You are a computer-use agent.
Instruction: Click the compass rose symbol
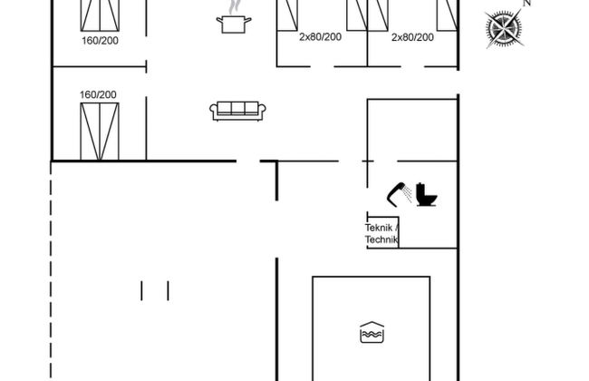pyautogui.click(x=504, y=29)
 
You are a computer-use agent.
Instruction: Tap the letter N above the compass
pyautogui.click(x=526, y=3)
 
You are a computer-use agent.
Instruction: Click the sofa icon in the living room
pyautogui.click(x=237, y=112)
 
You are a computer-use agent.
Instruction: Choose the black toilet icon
pyautogui.click(x=427, y=194)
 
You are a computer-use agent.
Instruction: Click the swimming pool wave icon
pyautogui.click(x=372, y=333)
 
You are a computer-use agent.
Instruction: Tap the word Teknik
pyautogui.click(x=379, y=228)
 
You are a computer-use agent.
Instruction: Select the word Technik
pyautogui.click(x=381, y=239)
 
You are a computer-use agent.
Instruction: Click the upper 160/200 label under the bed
pyautogui.click(x=100, y=41)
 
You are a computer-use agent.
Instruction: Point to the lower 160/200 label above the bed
pyautogui.click(x=98, y=94)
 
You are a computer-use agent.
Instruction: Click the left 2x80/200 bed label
pyautogui.click(x=321, y=37)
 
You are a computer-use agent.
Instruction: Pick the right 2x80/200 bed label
pyautogui.click(x=412, y=37)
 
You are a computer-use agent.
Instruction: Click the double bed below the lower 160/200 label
pyautogui.click(x=100, y=132)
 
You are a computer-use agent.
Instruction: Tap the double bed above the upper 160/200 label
pyautogui.click(x=100, y=15)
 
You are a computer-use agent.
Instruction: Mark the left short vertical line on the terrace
pyautogui.click(x=141, y=290)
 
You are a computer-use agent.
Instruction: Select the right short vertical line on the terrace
pyautogui.click(x=168, y=290)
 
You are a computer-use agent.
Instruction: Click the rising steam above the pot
pyautogui.click(x=234, y=6)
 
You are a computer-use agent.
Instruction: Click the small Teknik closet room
pyautogui.click(x=382, y=232)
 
